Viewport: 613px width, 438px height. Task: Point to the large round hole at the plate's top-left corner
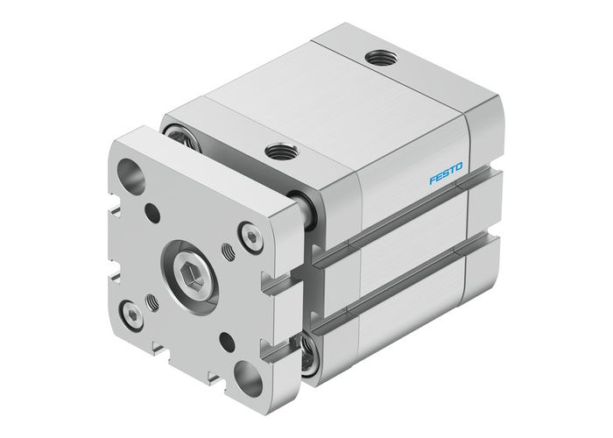pyautogui.click(x=137, y=172)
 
